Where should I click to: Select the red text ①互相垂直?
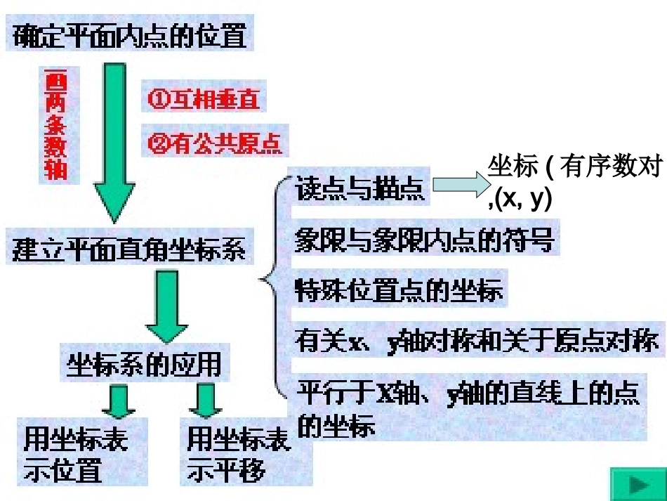[204, 99]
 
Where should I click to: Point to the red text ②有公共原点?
[215, 144]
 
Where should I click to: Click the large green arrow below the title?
[114, 141]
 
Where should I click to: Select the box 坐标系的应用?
[143, 364]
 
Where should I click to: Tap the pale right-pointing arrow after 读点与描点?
[459, 185]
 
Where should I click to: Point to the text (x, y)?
[523, 200]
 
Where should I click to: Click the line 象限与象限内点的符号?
[425, 241]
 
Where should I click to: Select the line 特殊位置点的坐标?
[399, 289]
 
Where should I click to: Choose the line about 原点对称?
[477, 341]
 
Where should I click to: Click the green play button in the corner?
[638, 484]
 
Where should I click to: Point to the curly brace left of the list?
[276, 288]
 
